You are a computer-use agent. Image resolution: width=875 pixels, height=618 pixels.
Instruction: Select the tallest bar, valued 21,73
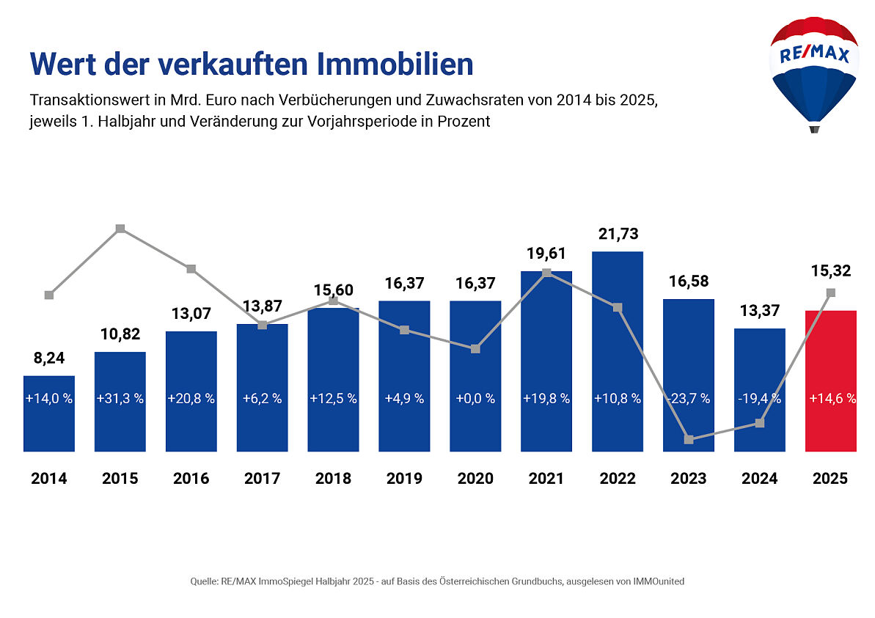(618, 352)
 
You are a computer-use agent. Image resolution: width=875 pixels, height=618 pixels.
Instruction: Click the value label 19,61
(546, 254)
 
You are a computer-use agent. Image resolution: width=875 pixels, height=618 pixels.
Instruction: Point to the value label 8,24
(49, 358)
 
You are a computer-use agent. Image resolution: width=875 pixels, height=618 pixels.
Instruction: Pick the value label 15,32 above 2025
(830, 271)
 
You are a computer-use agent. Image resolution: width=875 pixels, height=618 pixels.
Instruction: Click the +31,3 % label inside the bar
(120, 399)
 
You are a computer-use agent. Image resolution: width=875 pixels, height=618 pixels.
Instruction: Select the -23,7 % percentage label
(689, 399)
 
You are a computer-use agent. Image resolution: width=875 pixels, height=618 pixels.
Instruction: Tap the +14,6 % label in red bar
(830, 399)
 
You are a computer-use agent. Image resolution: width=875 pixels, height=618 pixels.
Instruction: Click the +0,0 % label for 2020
(475, 399)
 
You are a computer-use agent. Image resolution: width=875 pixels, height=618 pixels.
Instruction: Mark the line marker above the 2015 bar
(120, 229)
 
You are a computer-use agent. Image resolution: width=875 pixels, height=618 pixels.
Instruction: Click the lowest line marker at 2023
(689, 440)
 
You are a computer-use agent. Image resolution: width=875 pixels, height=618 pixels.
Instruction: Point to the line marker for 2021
(546, 273)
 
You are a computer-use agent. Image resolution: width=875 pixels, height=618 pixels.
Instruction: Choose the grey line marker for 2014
(49, 295)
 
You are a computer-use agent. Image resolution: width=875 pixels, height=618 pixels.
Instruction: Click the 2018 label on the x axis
(333, 479)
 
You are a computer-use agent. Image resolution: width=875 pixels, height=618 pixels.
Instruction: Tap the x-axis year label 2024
(759, 479)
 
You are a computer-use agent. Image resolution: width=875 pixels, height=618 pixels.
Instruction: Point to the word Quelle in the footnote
(203, 581)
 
